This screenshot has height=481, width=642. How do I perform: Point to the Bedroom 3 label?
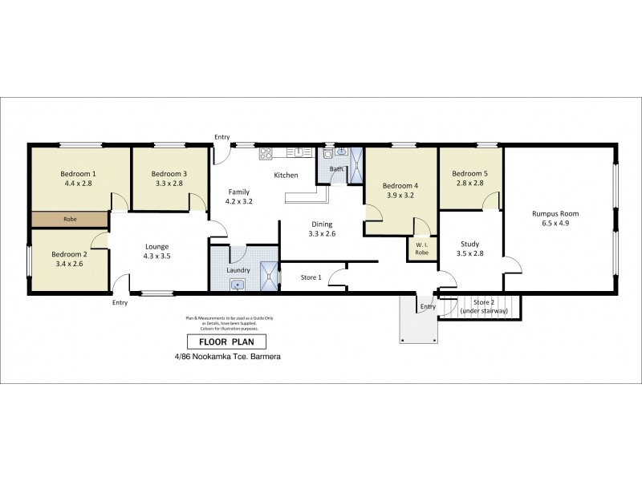point(169,173)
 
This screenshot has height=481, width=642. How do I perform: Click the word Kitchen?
point(286,175)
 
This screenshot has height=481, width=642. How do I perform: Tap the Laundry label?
point(239,270)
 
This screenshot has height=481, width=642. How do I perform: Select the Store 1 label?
point(311,278)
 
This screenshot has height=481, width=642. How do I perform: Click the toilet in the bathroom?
point(330,154)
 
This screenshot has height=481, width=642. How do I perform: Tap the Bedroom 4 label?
point(400,184)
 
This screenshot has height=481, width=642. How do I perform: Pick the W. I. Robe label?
point(421,248)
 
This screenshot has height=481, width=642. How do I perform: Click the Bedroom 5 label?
point(469,173)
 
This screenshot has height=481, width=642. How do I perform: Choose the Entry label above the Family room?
point(222,136)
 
